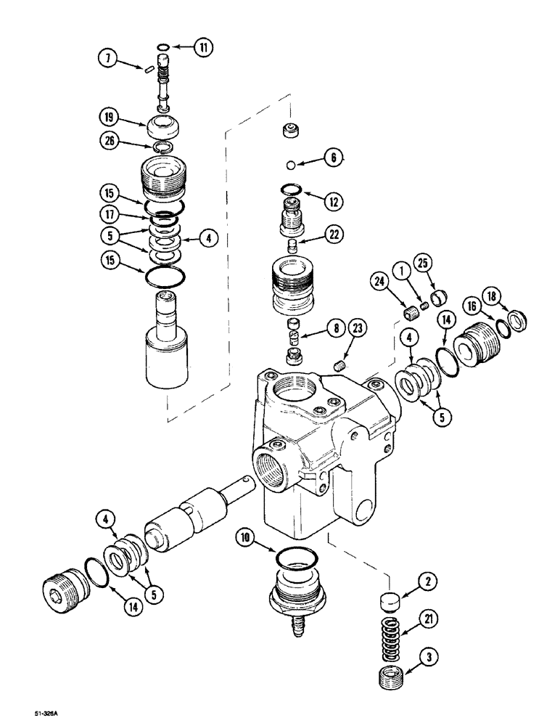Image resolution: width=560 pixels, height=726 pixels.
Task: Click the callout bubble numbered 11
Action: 204,49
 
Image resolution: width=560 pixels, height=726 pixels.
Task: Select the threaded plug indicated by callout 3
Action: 392,664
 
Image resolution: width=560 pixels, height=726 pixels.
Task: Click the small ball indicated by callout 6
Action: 291,163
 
